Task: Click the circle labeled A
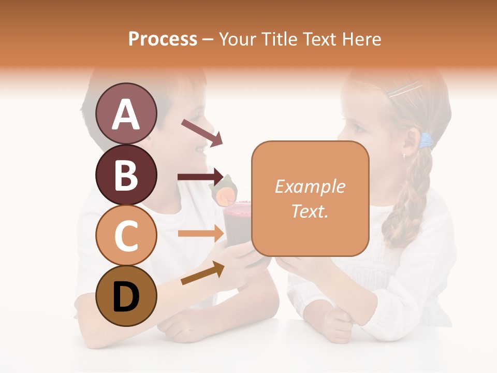click(126, 113)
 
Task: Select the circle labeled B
click(126, 175)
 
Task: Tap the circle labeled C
click(126, 235)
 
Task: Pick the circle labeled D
click(126, 296)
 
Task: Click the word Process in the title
click(163, 39)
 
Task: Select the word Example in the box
click(310, 187)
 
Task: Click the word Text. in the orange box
click(310, 211)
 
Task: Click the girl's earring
click(404, 154)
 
